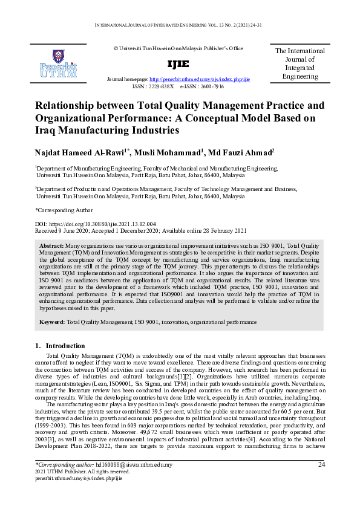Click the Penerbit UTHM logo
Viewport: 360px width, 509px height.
click(57, 65)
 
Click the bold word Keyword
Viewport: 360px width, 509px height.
click(52, 323)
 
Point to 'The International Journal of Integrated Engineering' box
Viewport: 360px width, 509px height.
click(300, 63)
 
